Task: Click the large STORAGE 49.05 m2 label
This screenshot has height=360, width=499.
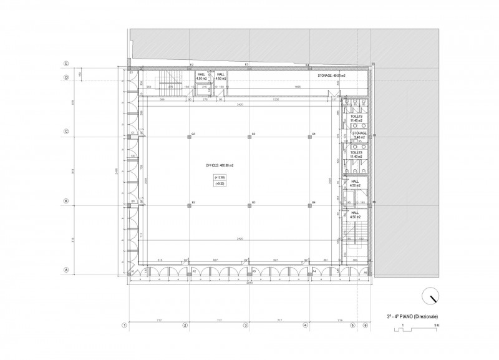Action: (331, 75)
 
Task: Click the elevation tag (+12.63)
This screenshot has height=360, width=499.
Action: (220, 178)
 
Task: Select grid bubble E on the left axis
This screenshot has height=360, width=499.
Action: (65, 65)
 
